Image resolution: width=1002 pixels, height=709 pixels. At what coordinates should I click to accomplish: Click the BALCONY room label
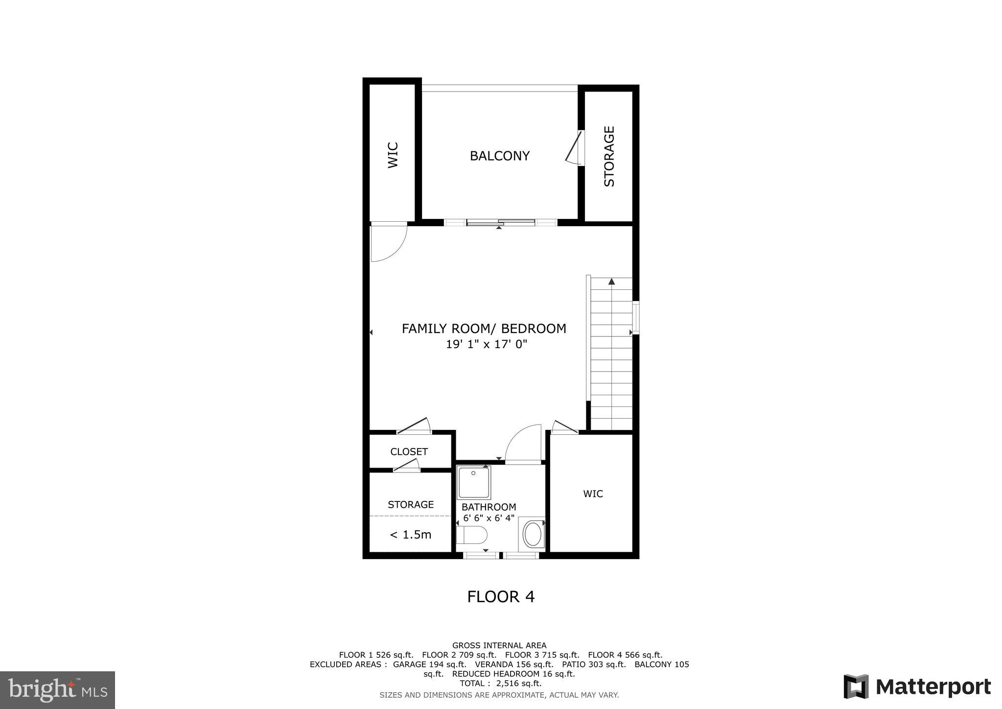click(x=499, y=156)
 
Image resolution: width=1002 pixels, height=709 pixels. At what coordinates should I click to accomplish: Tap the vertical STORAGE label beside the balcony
click(x=609, y=156)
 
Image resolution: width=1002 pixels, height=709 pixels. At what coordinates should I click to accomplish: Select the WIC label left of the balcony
click(x=393, y=155)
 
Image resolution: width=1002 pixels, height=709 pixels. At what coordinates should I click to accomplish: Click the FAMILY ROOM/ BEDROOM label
click(x=484, y=329)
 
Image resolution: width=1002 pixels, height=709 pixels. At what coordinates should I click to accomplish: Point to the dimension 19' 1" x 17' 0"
click(x=486, y=344)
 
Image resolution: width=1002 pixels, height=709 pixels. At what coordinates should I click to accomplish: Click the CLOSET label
click(x=409, y=451)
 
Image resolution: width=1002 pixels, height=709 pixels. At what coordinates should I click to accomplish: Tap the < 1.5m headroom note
click(x=410, y=535)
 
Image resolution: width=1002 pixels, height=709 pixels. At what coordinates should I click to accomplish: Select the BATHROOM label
click(x=489, y=507)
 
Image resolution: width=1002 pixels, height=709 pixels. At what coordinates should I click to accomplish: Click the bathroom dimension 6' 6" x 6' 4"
click(x=489, y=518)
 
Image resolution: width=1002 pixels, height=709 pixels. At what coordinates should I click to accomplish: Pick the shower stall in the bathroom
click(x=473, y=482)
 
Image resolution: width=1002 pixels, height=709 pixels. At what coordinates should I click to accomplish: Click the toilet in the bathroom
click(x=472, y=535)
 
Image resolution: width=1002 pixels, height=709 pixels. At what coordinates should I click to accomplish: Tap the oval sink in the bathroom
click(x=532, y=534)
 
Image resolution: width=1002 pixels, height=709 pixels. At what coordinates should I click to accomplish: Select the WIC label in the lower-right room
click(x=593, y=494)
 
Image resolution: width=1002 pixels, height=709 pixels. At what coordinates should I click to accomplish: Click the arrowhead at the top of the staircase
click(x=611, y=281)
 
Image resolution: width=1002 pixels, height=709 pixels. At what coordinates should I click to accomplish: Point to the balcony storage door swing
click(x=574, y=148)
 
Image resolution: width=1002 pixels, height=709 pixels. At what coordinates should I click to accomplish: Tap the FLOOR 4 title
click(x=501, y=597)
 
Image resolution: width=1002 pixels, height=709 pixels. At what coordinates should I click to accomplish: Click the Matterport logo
click(x=917, y=686)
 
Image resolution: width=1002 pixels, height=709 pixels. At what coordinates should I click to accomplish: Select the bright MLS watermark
click(x=57, y=690)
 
